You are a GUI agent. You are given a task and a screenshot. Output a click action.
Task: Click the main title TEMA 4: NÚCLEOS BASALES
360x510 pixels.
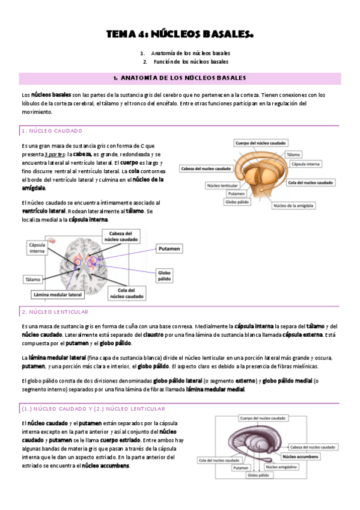[180, 35]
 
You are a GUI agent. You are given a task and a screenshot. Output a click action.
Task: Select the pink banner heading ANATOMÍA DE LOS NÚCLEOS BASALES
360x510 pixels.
[180, 79]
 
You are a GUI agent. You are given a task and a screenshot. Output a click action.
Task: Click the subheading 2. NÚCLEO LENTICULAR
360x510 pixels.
[55, 312]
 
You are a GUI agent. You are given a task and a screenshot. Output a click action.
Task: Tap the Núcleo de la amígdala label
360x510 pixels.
[294, 205]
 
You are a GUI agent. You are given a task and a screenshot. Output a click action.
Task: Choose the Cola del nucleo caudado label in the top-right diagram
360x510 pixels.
[311, 182]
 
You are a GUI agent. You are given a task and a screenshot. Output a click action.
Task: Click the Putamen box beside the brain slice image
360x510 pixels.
[170, 248]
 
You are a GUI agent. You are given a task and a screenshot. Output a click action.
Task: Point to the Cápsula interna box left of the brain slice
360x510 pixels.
[38, 248]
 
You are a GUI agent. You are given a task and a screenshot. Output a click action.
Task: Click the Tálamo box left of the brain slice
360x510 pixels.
[33, 279]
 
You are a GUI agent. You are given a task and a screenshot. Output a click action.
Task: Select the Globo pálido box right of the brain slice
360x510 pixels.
[165, 275]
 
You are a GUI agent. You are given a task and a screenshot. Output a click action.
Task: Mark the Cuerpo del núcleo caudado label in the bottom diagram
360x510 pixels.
[263, 417]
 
